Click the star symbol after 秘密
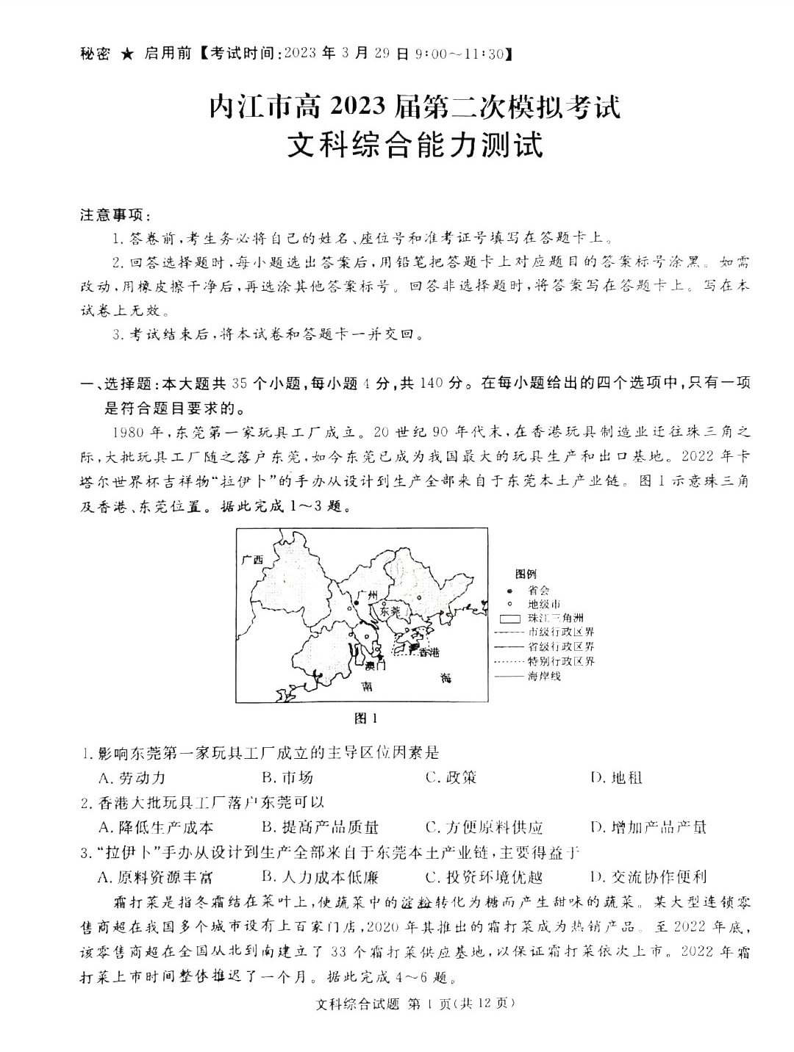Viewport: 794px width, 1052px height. [127, 54]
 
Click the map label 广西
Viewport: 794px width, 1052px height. [251, 560]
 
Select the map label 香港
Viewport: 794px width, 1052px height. [428, 652]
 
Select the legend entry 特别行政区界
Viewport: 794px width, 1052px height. [561, 661]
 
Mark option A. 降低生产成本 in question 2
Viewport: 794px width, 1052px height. [156, 827]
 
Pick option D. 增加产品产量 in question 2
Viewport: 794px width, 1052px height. [648, 827]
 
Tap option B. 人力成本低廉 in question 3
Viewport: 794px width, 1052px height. [320, 876]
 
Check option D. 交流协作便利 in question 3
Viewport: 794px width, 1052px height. [648, 876]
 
